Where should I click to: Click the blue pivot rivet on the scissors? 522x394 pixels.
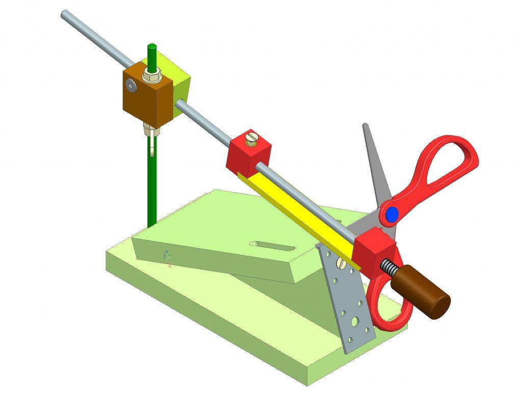click(x=391, y=215)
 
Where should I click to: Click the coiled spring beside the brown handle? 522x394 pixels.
click(x=390, y=268)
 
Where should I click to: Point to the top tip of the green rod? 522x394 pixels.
click(x=151, y=47)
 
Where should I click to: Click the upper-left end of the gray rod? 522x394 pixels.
click(x=64, y=13)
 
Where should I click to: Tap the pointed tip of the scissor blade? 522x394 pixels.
click(x=364, y=125)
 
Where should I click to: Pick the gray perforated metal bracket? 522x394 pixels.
click(x=349, y=306)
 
